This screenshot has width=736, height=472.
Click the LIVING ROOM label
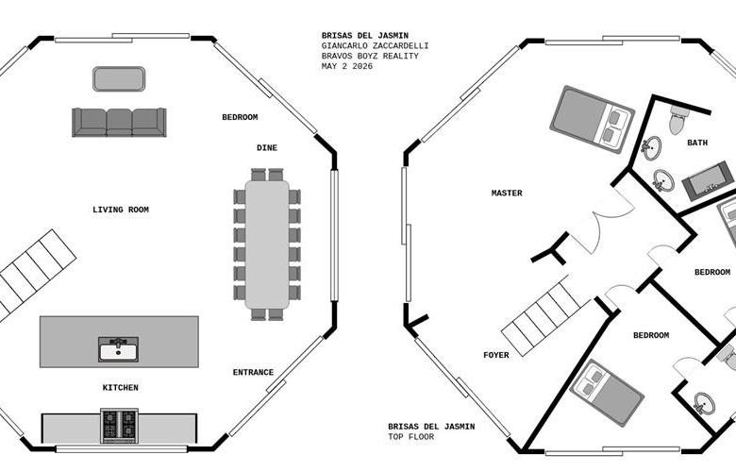[x=121, y=210]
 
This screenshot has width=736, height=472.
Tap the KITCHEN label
[x=121, y=388]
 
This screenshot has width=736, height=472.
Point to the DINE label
[x=267, y=148]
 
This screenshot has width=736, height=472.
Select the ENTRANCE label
[x=254, y=373]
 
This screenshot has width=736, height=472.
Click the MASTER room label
[x=507, y=193]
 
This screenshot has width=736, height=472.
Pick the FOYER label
[x=496, y=355]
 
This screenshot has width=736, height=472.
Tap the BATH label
[x=697, y=143]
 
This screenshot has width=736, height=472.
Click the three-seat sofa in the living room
[x=119, y=123]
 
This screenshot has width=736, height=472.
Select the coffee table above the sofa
[x=119, y=79]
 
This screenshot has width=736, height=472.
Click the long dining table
[x=267, y=244]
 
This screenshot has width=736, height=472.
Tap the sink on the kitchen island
[x=118, y=349]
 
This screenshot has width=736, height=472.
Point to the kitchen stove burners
[x=119, y=426]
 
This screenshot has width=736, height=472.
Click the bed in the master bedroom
[x=593, y=119]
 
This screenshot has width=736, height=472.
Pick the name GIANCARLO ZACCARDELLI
[x=375, y=46]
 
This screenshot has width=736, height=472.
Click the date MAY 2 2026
[x=347, y=66]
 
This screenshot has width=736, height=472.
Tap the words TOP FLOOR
[x=411, y=437]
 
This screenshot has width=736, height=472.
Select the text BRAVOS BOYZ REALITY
[x=370, y=56]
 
